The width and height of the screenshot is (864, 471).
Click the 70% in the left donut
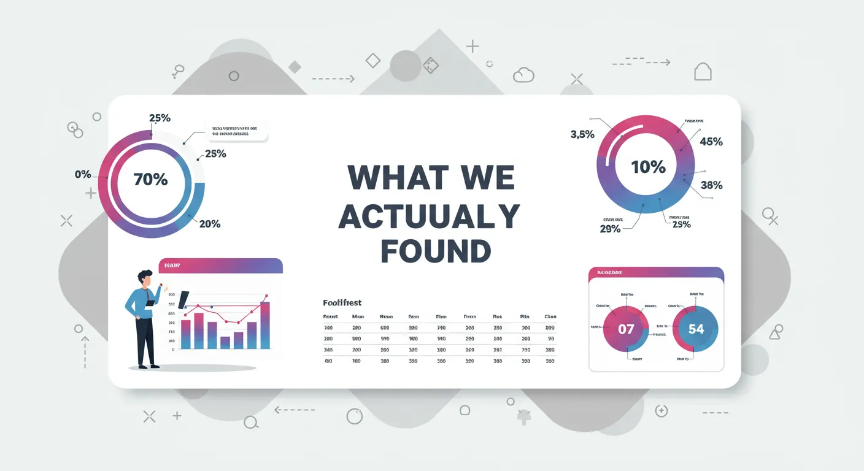(x=150, y=180)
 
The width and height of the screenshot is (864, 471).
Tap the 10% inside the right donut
(x=648, y=166)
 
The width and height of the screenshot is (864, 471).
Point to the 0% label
(x=83, y=174)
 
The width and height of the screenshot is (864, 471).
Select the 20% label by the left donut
(x=210, y=224)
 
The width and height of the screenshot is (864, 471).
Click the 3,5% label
(x=582, y=134)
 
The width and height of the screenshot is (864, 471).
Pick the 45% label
(x=711, y=142)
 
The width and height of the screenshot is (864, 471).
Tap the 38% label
(x=711, y=185)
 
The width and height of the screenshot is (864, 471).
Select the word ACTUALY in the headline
(x=430, y=216)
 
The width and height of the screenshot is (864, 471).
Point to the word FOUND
(x=436, y=251)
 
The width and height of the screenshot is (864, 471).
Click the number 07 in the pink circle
(x=626, y=329)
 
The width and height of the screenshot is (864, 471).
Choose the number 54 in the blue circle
(x=696, y=329)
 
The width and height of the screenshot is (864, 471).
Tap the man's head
(x=145, y=278)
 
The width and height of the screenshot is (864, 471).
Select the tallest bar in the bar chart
(x=265, y=325)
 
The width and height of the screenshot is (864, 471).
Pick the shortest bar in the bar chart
(x=225, y=342)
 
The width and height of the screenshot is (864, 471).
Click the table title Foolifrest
(x=342, y=303)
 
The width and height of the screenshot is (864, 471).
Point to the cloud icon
(x=523, y=75)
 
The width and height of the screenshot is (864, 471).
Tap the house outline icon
(x=703, y=72)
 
